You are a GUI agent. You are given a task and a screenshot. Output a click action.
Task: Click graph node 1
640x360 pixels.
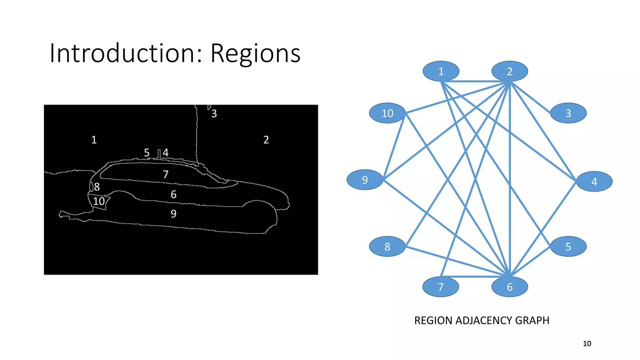coord(441,71)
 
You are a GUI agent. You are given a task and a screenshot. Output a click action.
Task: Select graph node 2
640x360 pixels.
coord(509,71)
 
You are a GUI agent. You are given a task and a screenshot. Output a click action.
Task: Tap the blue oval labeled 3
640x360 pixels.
coord(568,113)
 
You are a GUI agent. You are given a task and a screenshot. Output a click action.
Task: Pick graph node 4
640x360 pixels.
coord(594,181)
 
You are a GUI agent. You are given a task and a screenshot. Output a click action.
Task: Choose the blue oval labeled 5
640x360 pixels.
coord(568,247)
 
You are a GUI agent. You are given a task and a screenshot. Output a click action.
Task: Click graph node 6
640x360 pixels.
coord(509,287)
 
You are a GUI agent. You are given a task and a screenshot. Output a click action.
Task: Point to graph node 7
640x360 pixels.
coord(441,287)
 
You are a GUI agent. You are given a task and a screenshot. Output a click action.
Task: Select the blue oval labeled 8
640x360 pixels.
coord(387,247)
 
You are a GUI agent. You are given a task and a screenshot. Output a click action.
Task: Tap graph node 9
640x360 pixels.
coord(365,180)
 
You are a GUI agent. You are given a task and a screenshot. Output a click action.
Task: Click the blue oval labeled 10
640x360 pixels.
coord(387,113)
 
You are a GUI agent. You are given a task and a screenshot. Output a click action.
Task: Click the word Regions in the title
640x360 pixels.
coord(255,54)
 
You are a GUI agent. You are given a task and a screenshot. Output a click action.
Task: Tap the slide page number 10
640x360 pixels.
coord(587,344)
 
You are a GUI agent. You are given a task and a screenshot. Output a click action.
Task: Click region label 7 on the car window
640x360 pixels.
coord(166,174)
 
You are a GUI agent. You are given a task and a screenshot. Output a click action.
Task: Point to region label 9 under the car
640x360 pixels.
coord(173,214)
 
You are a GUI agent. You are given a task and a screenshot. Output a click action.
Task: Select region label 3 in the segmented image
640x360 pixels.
coord(214,114)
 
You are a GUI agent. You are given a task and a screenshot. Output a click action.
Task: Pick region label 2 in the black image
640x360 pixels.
coord(266,140)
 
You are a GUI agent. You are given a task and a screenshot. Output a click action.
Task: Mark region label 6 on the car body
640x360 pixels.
coord(173,195)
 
